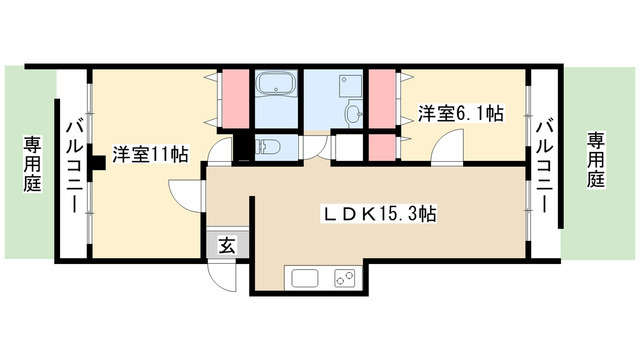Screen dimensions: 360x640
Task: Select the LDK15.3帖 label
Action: [377, 213]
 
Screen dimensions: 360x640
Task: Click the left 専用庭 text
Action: [30, 166]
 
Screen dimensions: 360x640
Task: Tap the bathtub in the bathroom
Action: [273, 86]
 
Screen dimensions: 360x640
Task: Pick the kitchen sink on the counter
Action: [304, 277]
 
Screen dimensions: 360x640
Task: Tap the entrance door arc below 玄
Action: [222, 277]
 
